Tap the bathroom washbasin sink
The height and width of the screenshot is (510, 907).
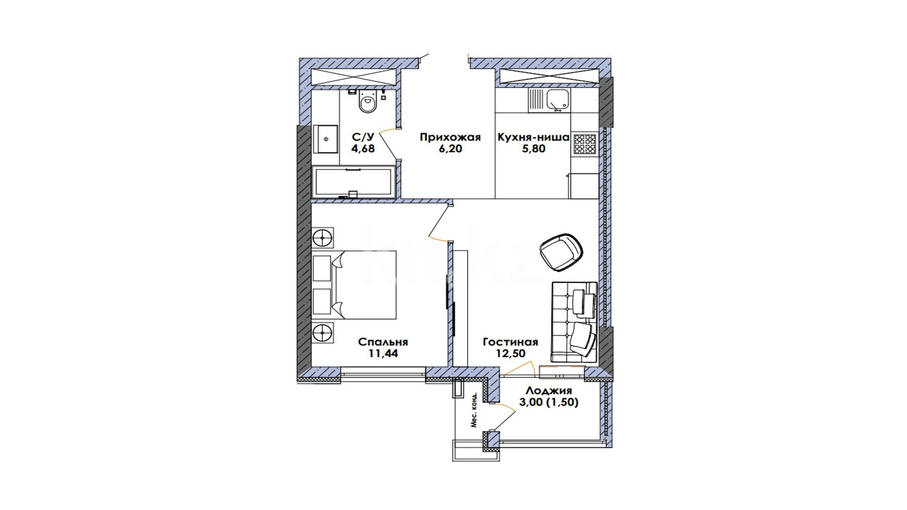325,139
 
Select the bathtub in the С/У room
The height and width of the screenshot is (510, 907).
354,182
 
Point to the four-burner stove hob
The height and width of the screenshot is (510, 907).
584,144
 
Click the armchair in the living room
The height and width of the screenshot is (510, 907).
562,252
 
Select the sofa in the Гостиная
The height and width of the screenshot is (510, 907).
574,322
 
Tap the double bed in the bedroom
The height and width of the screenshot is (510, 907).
354,285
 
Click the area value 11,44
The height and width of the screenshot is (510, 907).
383,354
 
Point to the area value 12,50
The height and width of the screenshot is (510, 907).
511,354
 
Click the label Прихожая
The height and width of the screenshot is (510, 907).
450,138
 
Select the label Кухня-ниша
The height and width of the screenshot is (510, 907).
533,138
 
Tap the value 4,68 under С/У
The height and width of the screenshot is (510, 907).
363,148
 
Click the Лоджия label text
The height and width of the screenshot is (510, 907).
549,391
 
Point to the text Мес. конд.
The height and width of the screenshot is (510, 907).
474,410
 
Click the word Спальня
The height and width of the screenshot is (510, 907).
383,342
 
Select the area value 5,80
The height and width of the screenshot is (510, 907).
533,148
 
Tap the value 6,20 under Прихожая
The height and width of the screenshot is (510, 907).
450,148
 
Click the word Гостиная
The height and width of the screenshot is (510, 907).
511,342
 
